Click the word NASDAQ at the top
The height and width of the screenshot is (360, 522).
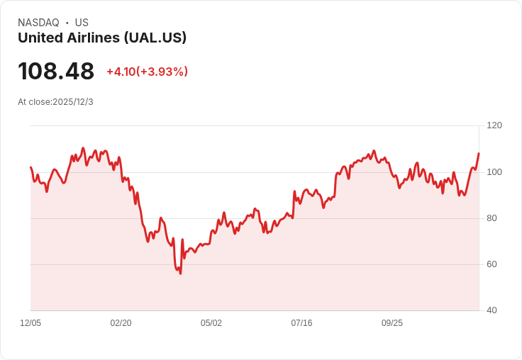(38, 23)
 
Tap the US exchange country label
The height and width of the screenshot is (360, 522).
(82, 23)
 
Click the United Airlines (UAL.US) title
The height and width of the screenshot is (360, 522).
(102, 38)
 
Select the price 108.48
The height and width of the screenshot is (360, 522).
(56, 72)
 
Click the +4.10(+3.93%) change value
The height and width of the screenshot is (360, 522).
(147, 72)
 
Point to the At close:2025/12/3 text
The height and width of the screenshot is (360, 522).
(55, 102)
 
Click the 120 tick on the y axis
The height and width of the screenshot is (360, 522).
(494, 125)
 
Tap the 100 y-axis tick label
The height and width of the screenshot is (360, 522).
(494, 172)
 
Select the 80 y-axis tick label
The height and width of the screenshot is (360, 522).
(492, 218)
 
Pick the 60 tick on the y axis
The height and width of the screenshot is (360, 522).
(492, 264)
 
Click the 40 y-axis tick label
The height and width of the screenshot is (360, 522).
(492, 310)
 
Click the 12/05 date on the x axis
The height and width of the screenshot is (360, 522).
(30, 323)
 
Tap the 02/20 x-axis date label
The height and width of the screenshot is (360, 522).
(121, 323)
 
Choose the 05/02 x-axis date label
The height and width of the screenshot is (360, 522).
(211, 323)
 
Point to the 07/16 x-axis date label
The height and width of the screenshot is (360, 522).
(301, 323)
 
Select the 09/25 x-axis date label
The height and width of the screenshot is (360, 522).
(392, 323)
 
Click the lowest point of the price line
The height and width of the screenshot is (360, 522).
(180, 274)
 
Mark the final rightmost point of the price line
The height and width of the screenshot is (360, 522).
(479, 153)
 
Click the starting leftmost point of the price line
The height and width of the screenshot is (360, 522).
(30, 167)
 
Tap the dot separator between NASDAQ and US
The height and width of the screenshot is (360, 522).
(67, 23)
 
